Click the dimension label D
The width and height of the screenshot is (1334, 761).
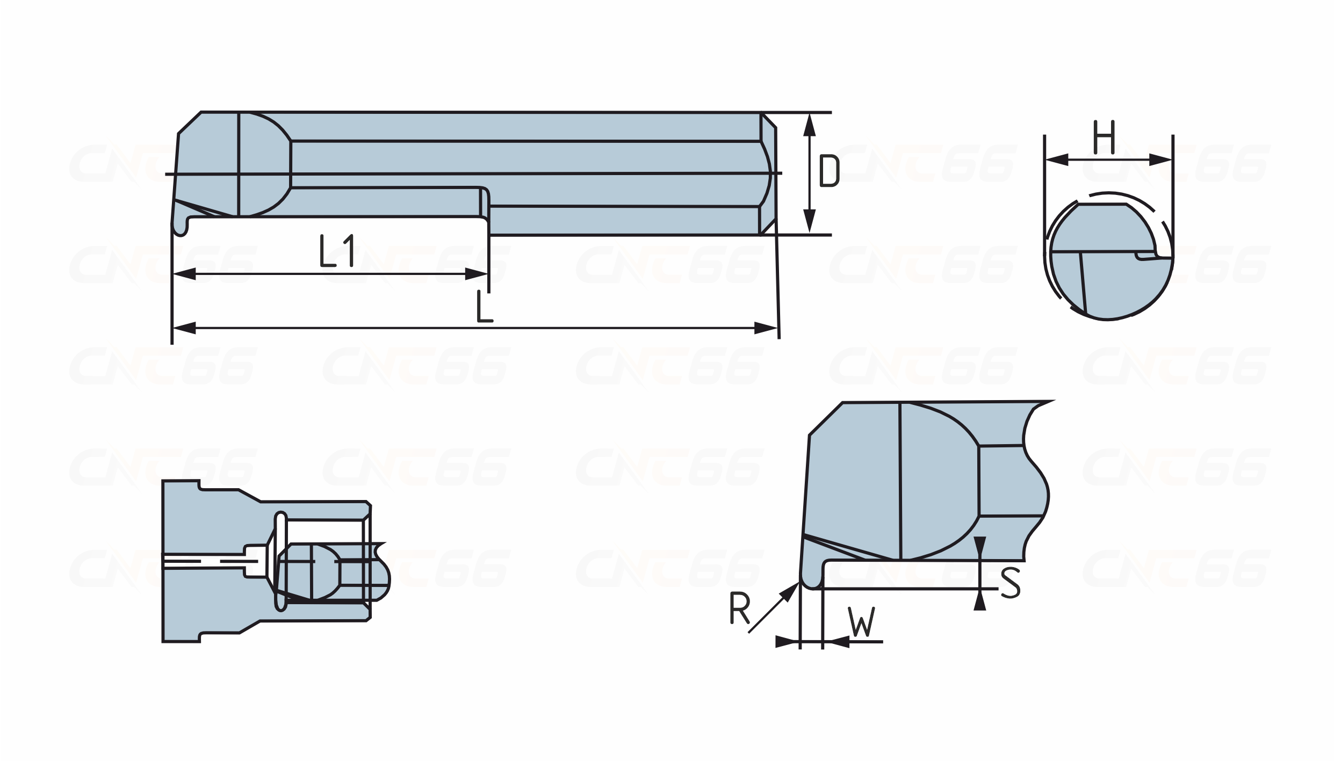pos(829,171)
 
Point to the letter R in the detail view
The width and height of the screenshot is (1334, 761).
pos(740,608)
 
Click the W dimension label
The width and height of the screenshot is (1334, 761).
pos(862,621)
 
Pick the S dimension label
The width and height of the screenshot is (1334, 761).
pos(1011,583)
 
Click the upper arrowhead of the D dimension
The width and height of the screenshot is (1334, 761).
pos(811,125)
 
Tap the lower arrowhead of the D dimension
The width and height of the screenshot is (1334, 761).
pos(811,222)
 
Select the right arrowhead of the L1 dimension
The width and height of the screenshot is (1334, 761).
pos(476,274)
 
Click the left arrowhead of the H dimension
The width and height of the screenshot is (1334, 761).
pos(1057,159)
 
